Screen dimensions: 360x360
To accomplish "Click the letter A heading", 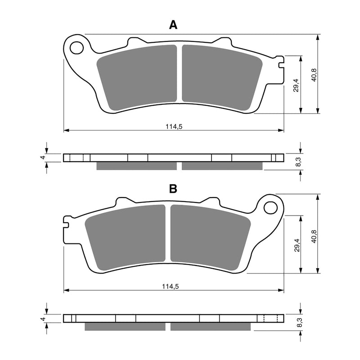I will (x=173, y=25).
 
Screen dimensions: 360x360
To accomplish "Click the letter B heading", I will (x=173, y=189).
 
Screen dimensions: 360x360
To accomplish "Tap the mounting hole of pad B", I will (x=270, y=207).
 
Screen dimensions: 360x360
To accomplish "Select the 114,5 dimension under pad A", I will (x=173, y=127).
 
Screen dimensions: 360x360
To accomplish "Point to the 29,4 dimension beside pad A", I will (x=296, y=85).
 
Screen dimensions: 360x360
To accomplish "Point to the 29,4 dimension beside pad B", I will (x=296, y=245).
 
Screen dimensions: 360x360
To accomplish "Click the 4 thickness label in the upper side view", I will (x=43, y=157).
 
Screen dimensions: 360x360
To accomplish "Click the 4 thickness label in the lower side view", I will (x=43, y=318).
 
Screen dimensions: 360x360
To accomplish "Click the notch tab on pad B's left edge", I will (x=66, y=221).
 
